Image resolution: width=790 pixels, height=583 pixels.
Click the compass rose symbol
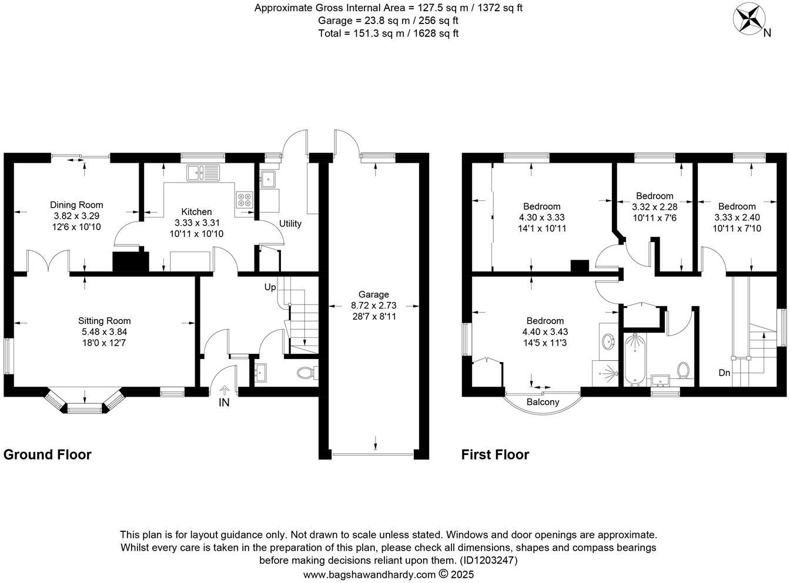pos(748,18)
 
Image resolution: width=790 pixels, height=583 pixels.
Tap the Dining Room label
pos(76,205)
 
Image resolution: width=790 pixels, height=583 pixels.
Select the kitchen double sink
pos(202,172)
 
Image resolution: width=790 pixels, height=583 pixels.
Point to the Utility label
pos(290,224)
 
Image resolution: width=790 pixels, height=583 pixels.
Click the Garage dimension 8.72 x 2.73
pos(374,306)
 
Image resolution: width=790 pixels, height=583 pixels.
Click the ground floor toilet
pos(306,373)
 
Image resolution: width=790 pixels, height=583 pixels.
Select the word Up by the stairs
pos(270,287)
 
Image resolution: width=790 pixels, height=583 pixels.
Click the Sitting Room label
pos(105,321)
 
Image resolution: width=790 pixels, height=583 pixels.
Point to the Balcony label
pos(543,402)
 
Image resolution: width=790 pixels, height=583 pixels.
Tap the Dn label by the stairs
pos(724,373)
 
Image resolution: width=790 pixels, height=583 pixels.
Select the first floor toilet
pos(683,370)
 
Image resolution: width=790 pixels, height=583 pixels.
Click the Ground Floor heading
pos(48,454)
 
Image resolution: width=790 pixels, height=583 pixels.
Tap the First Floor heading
pos(495,454)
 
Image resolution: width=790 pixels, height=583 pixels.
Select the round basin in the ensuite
pos(607,340)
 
